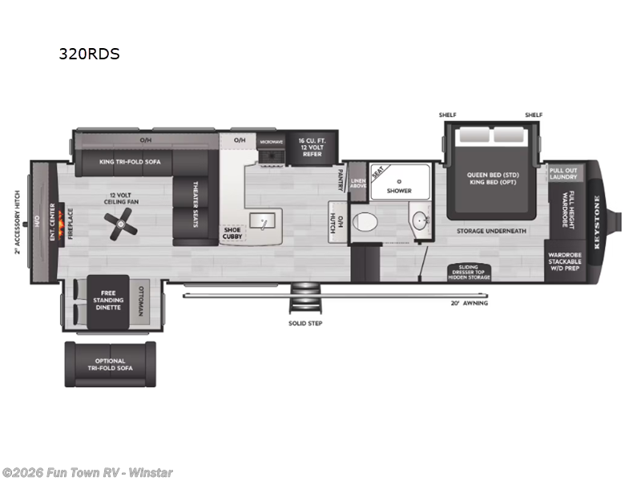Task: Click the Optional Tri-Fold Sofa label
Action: click(x=111, y=366)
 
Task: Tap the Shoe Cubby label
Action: click(x=232, y=232)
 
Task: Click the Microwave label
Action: click(x=271, y=141)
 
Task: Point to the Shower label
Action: click(x=400, y=191)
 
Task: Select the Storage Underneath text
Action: click(x=492, y=231)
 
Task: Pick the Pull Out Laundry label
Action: click(x=564, y=173)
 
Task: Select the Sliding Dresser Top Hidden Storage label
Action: click(x=469, y=272)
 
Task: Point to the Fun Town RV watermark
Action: click(x=87, y=472)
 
